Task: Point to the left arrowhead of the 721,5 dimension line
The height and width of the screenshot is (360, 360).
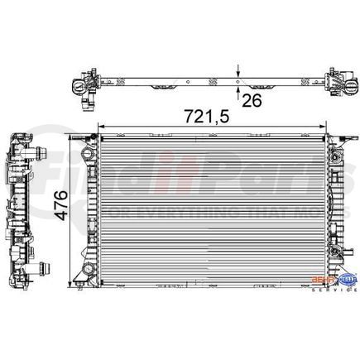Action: [100, 128]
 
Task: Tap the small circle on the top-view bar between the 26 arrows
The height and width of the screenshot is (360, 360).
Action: [240, 81]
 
